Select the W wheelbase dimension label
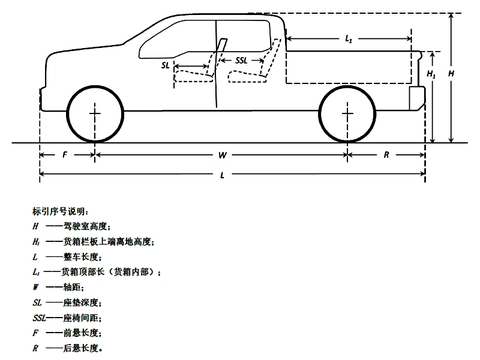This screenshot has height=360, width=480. (x=221, y=157)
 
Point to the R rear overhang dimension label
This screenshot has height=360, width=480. (x=388, y=157)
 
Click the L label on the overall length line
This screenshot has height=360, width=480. (x=221, y=175)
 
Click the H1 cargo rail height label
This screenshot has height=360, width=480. (x=431, y=74)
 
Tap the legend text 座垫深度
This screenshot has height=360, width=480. (x=78, y=302)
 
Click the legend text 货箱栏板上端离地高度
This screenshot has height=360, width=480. (x=105, y=242)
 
